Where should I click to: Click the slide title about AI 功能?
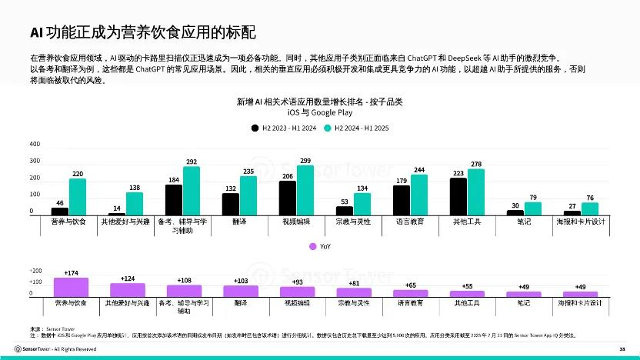(142, 32)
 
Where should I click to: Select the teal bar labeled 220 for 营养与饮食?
(78, 197)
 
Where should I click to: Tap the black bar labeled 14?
(116, 213)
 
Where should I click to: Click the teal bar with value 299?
(305, 190)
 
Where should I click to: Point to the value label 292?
(192, 162)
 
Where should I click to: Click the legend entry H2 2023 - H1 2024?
(282, 128)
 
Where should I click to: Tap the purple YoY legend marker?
(313, 246)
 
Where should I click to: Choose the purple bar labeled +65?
(411, 293)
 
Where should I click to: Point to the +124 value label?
(128, 278)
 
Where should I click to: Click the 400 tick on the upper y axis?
(35, 145)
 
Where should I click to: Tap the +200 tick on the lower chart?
(36, 272)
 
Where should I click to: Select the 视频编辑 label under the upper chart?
(296, 222)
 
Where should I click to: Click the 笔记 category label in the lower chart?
(523, 303)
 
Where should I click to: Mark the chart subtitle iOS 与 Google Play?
(319, 112)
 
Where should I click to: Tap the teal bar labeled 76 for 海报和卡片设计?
(589, 208)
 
